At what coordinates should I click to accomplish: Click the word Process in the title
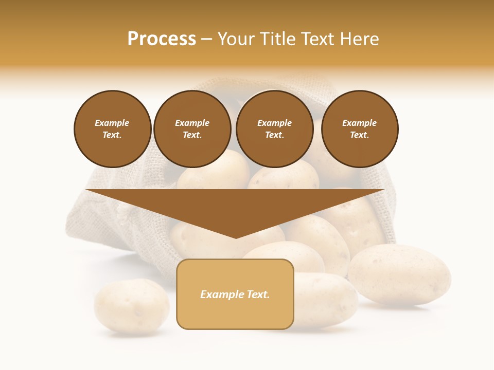pyautogui.click(x=162, y=39)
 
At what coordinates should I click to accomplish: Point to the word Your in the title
pyautogui.click(x=236, y=39)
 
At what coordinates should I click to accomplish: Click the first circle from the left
pyautogui.click(x=113, y=129)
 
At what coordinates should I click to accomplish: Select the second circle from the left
pyautogui.click(x=192, y=129)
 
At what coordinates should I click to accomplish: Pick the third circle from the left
pyautogui.click(x=275, y=129)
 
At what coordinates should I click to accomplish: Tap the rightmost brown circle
pyautogui.click(x=360, y=129)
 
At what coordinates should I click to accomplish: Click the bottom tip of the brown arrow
pyautogui.click(x=236, y=237)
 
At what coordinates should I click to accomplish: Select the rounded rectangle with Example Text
pyautogui.click(x=235, y=294)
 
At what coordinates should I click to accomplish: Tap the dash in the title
pyautogui.click(x=206, y=40)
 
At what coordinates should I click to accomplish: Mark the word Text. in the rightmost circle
pyautogui.click(x=360, y=135)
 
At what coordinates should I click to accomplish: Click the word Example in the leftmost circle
pyautogui.click(x=112, y=123)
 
